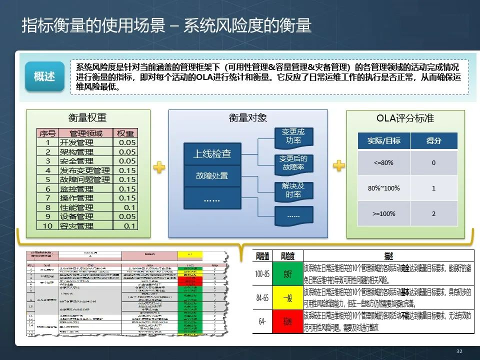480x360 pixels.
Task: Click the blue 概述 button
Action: tap(45, 76)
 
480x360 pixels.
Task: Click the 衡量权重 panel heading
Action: tap(87, 118)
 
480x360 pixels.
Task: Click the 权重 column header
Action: tap(125, 133)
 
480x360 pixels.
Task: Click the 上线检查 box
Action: tap(212, 154)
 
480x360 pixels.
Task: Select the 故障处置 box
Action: tap(212, 175)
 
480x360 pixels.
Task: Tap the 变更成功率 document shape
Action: tap(293, 136)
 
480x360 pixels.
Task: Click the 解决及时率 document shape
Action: tap(293, 190)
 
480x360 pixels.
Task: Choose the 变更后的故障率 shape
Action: tap(293, 163)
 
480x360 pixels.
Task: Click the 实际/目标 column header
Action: tap(383, 141)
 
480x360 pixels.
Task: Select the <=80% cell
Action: tap(383, 163)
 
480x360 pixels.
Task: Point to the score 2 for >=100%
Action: tap(433, 213)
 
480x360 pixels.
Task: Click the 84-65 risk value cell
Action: tap(262, 298)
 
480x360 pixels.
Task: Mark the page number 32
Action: tap(459, 351)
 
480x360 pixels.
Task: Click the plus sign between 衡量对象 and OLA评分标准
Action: tap(339, 165)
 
